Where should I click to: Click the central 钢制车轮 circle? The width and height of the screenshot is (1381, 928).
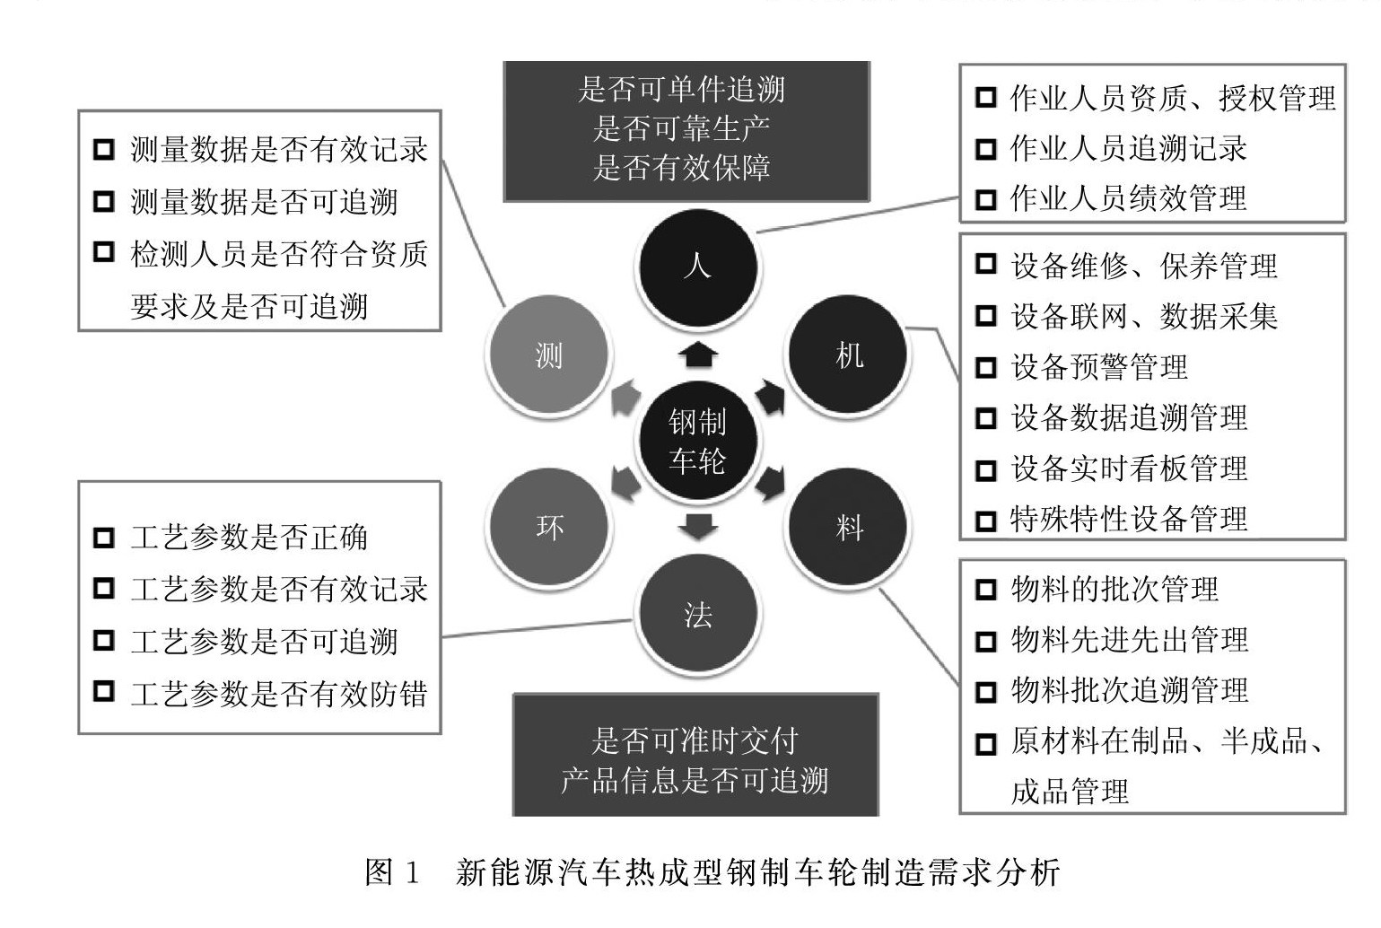click(x=697, y=442)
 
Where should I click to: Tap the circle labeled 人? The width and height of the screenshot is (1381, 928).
click(x=697, y=267)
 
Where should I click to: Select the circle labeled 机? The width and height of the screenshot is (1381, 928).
click(x=848, y=355)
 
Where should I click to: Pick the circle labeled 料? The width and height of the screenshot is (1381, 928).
click(x=848, y=527)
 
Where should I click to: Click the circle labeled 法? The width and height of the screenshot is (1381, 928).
click(x=697, y=616)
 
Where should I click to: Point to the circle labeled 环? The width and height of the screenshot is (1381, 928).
click(x=548, y=527)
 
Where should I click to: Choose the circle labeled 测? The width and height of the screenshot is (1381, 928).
click(x=548, y=355)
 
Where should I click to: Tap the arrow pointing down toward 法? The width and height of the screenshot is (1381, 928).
click(x=697, y=527)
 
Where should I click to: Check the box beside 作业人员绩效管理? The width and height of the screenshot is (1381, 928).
click(x=985, y=198)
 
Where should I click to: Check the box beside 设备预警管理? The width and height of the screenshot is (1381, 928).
click(x=985, y=367)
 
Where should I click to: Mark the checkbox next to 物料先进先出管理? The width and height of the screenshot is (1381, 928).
click(x=985, y=641)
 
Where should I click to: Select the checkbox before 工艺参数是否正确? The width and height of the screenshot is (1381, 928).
click(x=104, y=538)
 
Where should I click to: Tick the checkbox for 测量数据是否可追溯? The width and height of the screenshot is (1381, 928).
click(x=104, y=202)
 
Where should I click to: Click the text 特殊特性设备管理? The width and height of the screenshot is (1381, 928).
click(x=1129, y=519)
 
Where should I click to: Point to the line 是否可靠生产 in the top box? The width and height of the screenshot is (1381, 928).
click(x=682, y=128)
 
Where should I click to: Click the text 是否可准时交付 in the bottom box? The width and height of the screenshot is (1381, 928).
click(x=695, y=741)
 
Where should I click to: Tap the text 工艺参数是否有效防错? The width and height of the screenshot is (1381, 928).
click(x=278, y=694)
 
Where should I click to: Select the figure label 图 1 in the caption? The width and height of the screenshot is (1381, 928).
click(x=392, y=872)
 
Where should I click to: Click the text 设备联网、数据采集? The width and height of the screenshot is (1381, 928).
click(x=1143, y=317)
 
